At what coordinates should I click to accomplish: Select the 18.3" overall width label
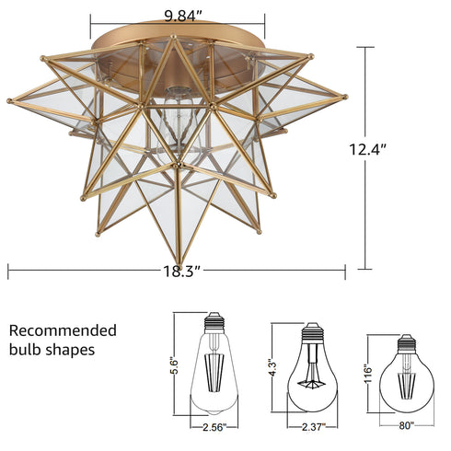pos(177,271)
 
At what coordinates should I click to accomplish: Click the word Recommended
pos(63,330)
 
